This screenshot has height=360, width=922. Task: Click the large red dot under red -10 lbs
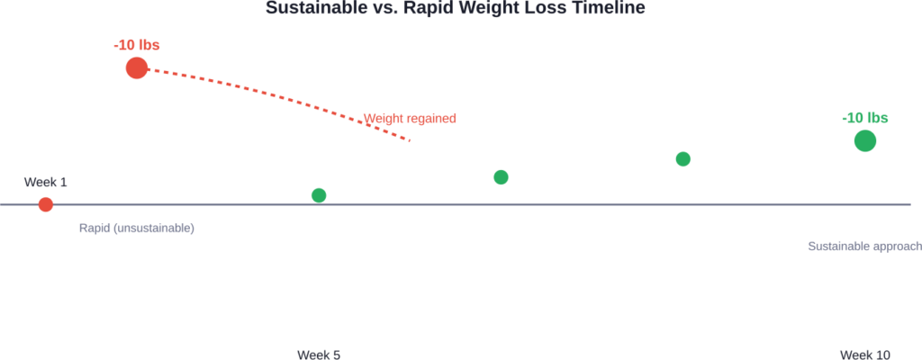(x=136, y=67)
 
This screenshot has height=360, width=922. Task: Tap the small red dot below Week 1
(x=46, y=204)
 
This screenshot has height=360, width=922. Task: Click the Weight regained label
(x=410, y=118)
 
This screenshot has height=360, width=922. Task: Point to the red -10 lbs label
(x=136, y=45)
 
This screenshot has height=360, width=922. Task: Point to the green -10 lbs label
(x=864, y=118)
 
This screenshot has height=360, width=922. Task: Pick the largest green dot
(x=864, y=140)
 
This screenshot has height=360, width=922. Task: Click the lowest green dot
(x=319, y=195)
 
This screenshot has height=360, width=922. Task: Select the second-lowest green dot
(x=501, y=177)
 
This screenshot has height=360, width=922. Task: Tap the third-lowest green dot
(x=682, y=159)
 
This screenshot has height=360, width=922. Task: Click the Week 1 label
(x=46, y=182)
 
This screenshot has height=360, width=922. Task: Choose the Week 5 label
(x=319, y=354)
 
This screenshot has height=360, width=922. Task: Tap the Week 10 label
(x=864, y=354)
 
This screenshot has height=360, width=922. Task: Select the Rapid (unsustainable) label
(x=137, y=229)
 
